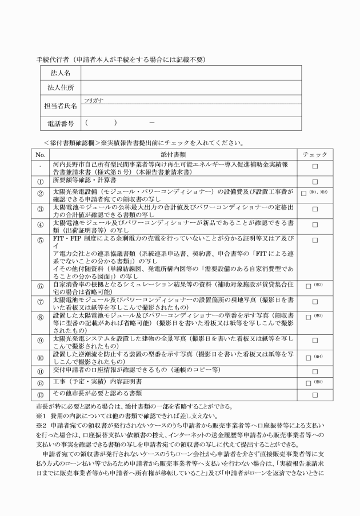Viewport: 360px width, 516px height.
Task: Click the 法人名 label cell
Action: (59, 73)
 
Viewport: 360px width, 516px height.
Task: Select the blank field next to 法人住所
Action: (191, 87)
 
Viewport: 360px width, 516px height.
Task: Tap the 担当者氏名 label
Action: (59, 105)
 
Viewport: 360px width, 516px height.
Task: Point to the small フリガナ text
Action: (93, 99)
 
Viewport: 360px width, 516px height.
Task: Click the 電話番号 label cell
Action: (59, 123)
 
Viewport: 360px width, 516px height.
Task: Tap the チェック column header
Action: (315, 155)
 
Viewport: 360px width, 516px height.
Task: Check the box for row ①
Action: (315, 181)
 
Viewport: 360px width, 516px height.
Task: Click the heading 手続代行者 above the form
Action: (55, 59)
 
